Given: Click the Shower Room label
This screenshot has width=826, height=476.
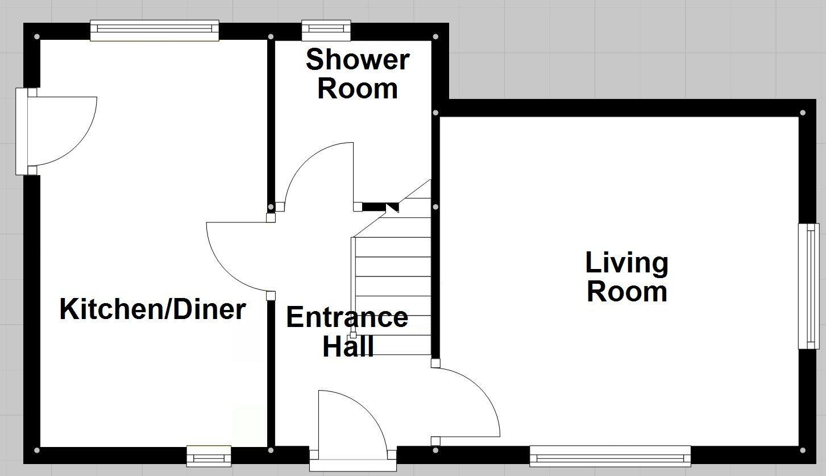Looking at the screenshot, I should pos(357,74).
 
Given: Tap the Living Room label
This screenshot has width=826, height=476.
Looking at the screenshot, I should pos(626,277).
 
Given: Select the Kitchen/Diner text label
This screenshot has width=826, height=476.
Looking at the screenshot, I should pos(152,309).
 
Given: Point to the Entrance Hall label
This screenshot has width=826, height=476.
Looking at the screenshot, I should pos(347,332).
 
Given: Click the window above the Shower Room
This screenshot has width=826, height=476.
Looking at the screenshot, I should pos(326,30).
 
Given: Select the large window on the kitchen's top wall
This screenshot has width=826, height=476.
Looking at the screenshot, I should pos(154,31).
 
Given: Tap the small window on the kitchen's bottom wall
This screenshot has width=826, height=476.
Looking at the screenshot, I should pos(209,456).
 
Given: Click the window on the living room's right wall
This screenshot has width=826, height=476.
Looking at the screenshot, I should pos(808,285).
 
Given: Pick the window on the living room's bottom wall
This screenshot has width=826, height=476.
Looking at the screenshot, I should pos(610,456).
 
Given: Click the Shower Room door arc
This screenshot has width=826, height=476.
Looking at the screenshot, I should pos(318,173).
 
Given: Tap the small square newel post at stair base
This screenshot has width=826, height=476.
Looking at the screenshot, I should pos(353,335).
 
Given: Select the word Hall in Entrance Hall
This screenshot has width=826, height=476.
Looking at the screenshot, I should pos(348,346).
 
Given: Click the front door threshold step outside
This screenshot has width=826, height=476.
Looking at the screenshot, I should pos(352,465).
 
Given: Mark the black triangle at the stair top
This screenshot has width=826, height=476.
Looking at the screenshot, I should pos(393,208).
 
